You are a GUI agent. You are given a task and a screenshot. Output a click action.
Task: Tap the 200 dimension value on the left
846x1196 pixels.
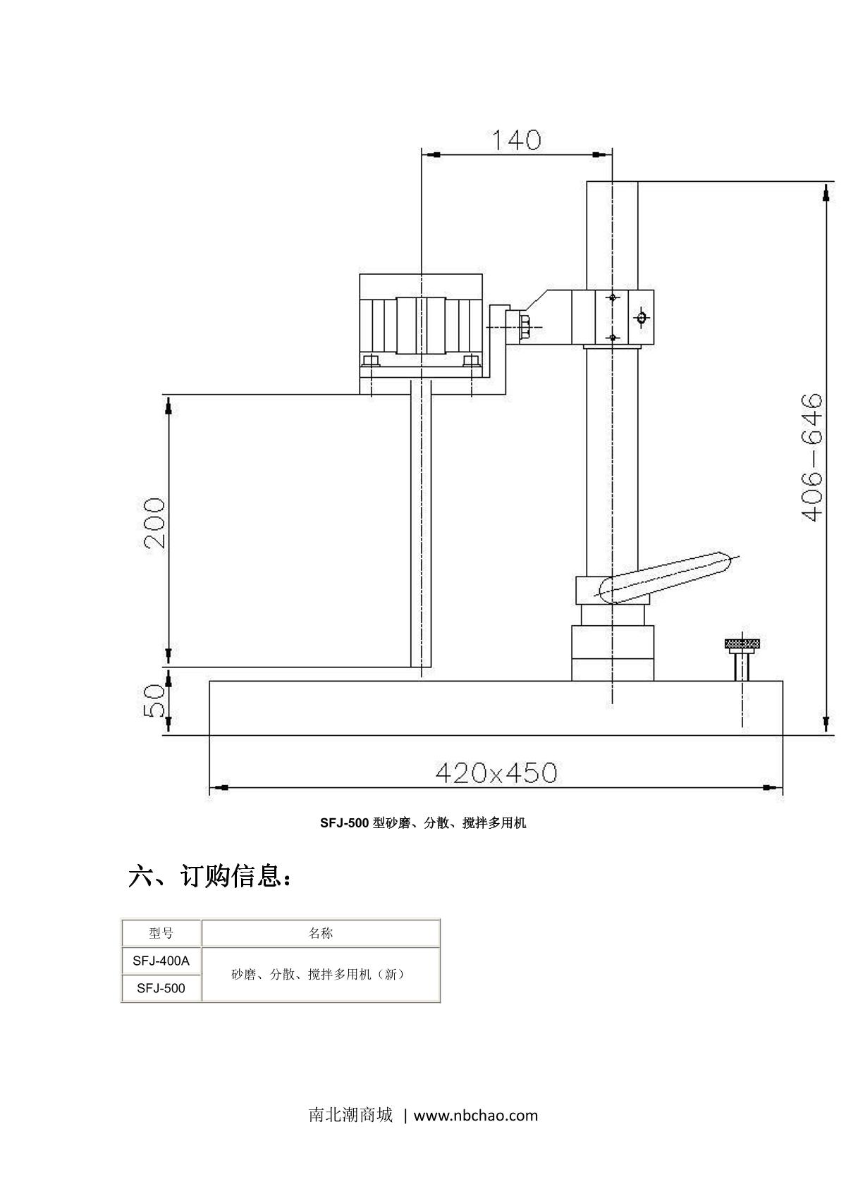click(x=154, y=523)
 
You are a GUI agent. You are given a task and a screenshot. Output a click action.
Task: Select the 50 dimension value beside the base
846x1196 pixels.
click(x=154, y=701)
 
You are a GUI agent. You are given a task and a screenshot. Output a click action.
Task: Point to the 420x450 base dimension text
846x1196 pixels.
click(x=496, y=773)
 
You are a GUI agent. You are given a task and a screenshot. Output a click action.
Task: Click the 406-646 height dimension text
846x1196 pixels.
click(x=812, y=458)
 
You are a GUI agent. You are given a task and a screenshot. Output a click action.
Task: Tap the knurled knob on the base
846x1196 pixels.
click(x=742, y=643)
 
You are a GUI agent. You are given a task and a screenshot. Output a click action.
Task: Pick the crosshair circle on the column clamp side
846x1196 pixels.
click(x=641, y=318)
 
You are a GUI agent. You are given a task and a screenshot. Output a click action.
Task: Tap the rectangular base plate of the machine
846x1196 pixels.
click(x=496, y=708)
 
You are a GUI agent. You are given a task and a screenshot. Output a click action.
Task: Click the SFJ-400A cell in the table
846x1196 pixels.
click(x=161, y=960)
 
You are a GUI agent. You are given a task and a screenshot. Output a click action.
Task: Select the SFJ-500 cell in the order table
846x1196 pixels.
click(x=161, y=988)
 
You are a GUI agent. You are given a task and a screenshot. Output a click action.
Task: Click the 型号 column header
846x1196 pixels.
click(x=161, y=933)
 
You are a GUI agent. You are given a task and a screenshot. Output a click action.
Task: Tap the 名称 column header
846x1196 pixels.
click(x=321, y=933)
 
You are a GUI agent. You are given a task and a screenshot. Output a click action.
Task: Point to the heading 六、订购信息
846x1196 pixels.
click(x=209, y=877)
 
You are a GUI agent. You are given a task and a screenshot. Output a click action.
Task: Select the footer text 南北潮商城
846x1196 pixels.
click(x=350, y=1116)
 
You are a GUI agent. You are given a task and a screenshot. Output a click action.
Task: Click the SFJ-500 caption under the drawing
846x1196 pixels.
click(x=423, y=822)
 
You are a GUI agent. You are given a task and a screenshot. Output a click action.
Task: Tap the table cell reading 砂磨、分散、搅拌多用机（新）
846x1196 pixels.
click(x=321, y=974)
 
